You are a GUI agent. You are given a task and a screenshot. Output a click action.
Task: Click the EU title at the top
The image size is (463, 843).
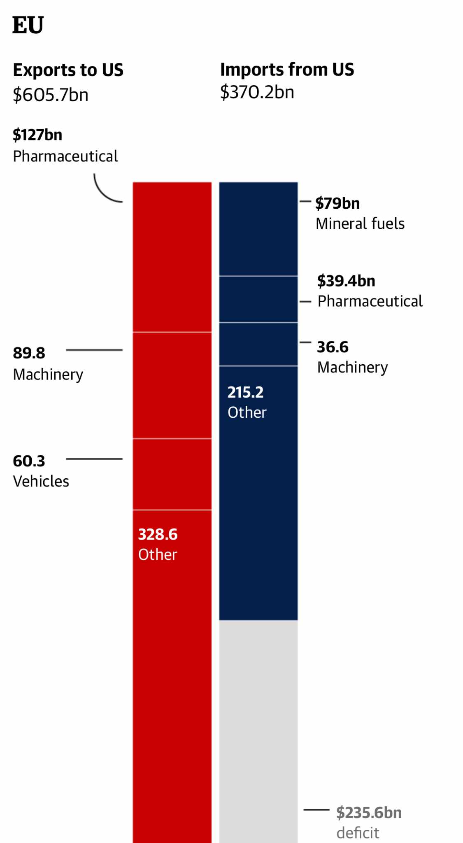point(28,25)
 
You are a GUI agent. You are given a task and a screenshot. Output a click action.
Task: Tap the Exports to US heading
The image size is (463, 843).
point(68,70)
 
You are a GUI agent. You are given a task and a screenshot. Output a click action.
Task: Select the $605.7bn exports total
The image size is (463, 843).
point(51,95)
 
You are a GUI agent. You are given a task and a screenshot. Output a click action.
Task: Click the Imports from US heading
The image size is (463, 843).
point(287,70)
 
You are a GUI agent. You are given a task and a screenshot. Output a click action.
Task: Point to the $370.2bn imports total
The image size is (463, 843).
point(257,92)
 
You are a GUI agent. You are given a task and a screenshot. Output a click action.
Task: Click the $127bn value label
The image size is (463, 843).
point(37,135)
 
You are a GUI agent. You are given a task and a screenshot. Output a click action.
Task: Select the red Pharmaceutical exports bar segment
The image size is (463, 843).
point(172,257)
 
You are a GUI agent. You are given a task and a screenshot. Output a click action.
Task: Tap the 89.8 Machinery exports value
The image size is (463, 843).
point(29,353)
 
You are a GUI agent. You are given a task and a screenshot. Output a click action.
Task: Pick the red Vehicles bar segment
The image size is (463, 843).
point(172,474)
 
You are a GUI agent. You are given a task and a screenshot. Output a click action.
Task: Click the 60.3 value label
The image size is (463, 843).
point(29,461)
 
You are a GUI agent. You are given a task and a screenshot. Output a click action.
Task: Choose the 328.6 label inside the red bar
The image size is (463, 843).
point(158,534)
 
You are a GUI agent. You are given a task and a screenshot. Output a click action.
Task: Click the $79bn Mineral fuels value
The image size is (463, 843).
point(337,203)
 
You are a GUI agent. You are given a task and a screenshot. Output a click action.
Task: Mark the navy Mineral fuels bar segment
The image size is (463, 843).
point(258,229)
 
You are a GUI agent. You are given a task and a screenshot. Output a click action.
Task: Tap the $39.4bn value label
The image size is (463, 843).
point(346,281)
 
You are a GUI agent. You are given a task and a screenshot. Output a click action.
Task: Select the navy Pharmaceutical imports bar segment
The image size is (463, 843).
point(258,299)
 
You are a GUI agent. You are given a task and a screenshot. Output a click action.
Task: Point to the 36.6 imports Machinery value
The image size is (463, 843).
point(333,347)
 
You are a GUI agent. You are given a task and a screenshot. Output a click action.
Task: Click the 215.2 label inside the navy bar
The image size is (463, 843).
point(245,392)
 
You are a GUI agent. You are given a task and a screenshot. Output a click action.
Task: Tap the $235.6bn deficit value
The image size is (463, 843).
point(369,813)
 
